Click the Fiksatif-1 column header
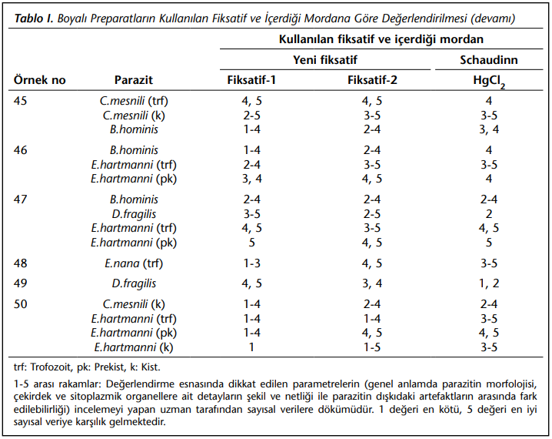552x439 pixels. click(251, 80)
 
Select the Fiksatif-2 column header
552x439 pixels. click(372, 80)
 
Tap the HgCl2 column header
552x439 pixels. click(489, 81)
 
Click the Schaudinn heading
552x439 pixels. click(489, 60)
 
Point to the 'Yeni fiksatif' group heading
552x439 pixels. click(325, 60)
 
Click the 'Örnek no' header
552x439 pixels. click(39, 80)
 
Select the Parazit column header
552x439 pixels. click(134, 80)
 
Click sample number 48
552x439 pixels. click(21, 263)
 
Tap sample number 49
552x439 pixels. click(21, 283)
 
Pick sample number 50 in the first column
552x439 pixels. click(21, 304)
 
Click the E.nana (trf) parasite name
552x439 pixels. click(134, 263)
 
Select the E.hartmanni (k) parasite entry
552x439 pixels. click(134, 347)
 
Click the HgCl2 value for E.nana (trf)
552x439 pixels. click(489, 263)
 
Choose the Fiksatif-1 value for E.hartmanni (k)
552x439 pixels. click(251, 347)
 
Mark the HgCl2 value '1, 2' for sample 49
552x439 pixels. click(489, 283)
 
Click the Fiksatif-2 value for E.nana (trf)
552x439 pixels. click(372, 263)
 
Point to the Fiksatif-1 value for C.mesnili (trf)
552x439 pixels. click(251, 101)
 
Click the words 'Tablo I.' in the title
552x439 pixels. click(34, 18)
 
